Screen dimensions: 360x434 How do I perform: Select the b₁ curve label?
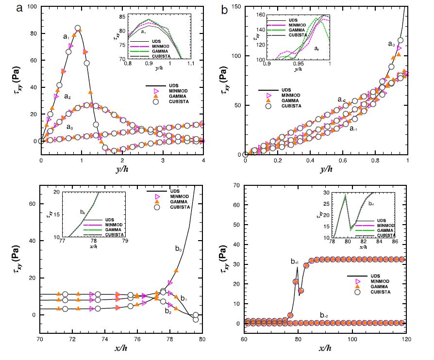click(x=184, y=298)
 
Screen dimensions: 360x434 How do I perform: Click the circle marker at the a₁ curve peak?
click(x=78, y=28)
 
